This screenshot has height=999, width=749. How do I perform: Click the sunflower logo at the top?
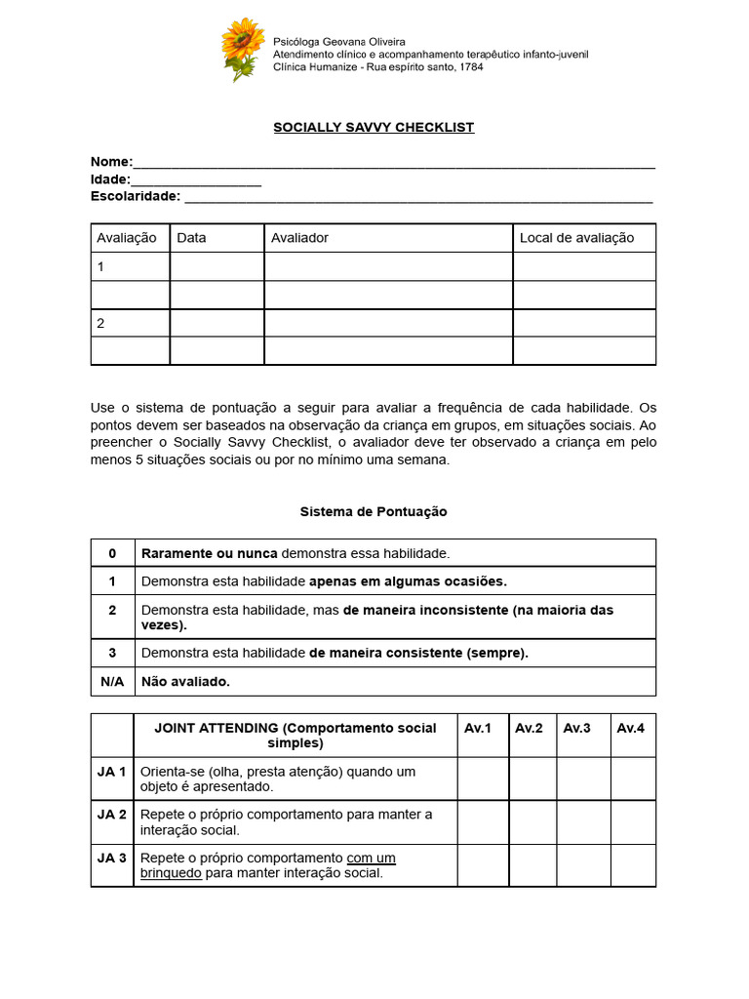click(x=242, y=49)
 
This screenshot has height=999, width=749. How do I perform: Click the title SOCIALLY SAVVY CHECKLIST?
click(x=374, y=128)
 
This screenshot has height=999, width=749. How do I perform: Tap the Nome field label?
click(x=110, y=162)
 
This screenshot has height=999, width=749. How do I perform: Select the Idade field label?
click(x=109, y=180)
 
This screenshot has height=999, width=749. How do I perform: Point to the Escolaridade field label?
click(x=136, y=196)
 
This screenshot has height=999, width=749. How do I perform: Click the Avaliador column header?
click(x=299, y=238)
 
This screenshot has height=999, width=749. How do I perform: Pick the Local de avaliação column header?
click(x=576, y=238)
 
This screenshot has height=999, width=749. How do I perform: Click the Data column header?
click(x=191, y=238)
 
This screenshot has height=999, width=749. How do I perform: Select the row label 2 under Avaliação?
click(x=100, y=323)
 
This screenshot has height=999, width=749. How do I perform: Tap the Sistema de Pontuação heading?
click(x=374, y=511)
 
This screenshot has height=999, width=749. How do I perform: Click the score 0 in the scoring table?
click(x=112, y=553)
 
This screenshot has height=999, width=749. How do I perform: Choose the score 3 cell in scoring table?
click(x=112, y=653)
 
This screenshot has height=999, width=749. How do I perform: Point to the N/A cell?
click(x=112, y=681)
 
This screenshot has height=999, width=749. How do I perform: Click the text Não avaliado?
click(x=185, y=681)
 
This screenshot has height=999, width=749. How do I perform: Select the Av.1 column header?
click(x=479, y=728)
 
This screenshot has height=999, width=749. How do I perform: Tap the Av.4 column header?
click(x=631, y=728)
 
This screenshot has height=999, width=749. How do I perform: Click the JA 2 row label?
click(x=111, y=814)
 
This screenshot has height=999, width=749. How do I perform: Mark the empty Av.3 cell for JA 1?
click(x=583, y=779)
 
